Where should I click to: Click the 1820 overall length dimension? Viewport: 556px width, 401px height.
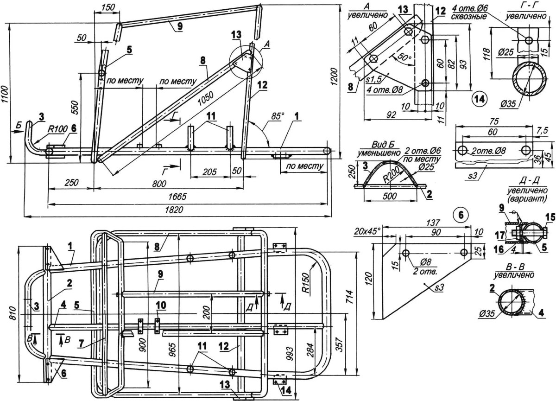click(x=174, y=210)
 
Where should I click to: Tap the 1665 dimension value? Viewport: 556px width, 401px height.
click(x=177, y=197)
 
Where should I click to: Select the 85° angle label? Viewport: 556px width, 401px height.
click(x=277, y=116)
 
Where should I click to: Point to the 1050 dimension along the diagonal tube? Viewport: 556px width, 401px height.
click(x=206, y=99)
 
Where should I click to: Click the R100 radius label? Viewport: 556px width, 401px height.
click(x=57, y=129)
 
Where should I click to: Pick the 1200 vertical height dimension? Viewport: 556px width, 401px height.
click(x=335, y=76)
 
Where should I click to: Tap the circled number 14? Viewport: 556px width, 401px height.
click(x=479, y=99)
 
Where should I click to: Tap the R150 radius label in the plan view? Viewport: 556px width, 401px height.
click(x=308, y=283)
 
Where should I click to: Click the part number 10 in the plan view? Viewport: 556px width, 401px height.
click(x=160, y=305)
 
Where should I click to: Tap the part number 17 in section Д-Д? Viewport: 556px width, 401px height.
click(x=500, y=235)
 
